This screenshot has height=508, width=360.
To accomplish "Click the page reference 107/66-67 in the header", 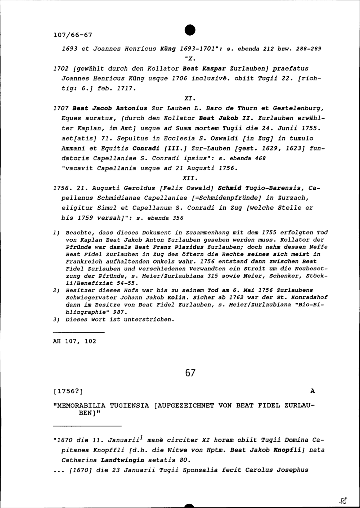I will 72,35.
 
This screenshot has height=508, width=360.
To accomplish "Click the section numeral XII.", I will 189,178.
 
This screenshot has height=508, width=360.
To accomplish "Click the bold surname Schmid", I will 230,188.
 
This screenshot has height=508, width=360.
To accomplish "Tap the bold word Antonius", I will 131,108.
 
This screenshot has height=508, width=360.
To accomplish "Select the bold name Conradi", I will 146,148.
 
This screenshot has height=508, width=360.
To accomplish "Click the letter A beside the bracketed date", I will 312,391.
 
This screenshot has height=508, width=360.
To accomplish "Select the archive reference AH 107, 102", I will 75,341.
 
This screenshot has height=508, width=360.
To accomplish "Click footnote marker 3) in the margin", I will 56,319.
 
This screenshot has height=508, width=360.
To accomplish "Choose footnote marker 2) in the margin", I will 56,290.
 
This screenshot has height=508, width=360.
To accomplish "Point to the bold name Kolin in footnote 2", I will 176,297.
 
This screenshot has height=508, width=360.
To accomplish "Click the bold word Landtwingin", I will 122,460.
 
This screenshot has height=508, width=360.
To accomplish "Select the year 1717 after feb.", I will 126,88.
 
